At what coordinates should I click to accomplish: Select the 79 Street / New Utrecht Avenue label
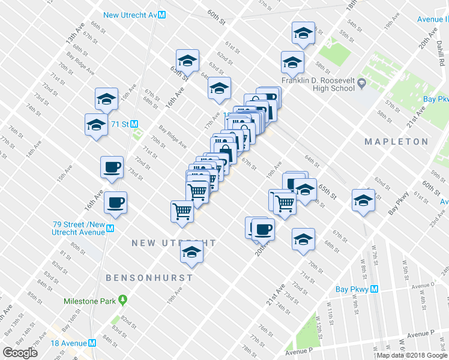[x=79, y=228]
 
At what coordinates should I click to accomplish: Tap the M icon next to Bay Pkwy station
[x=374, y=289]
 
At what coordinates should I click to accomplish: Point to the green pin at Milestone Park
[x=122, y=299]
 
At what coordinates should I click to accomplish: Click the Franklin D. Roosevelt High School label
[x=318, y=84]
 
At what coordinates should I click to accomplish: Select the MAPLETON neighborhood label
[x=397, y=142]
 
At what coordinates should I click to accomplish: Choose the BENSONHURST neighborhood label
[x=149, y=278]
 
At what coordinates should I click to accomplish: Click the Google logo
[x=20, y=352]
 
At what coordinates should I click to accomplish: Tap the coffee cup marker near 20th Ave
[x=262, y=228]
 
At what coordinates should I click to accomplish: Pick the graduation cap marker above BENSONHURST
[x=191, y=252]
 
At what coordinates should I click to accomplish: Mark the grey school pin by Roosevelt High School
[x=361, y=82]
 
